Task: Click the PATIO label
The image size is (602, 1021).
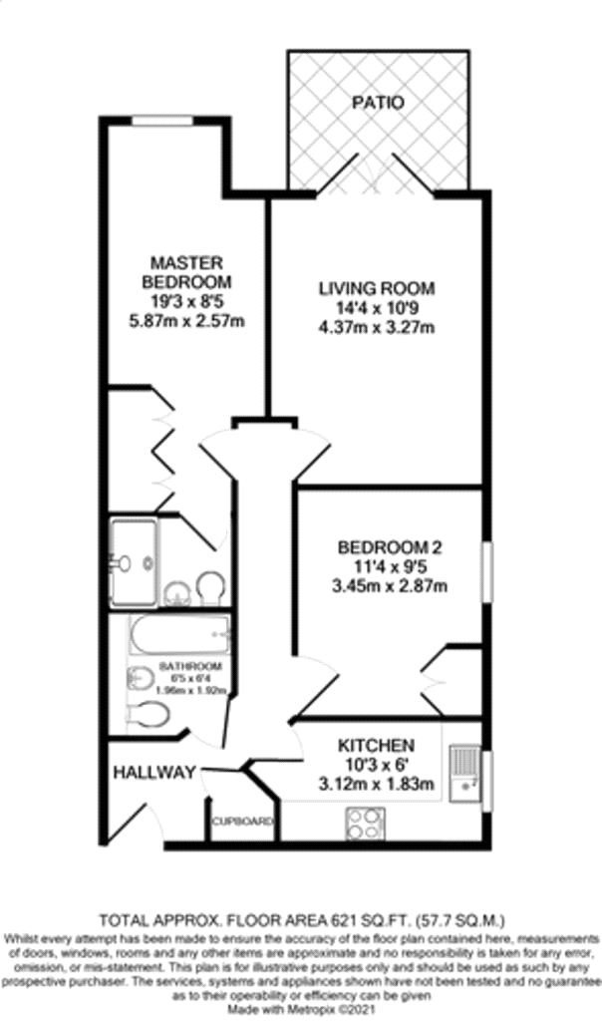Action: click(x=378, y=103)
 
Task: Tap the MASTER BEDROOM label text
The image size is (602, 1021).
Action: click(x=186, y=272)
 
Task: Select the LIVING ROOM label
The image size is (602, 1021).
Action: click(x=377, y=289)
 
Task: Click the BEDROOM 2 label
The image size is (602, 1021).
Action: click(x=390, y=547)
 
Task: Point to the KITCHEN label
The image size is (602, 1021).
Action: click(x=376, y=746)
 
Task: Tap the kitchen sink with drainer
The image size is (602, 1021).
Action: click(x=464, y=774)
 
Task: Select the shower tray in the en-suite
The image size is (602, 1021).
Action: click(x=135, y=561)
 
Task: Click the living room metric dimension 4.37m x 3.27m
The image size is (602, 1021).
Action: click(x=377, y=327)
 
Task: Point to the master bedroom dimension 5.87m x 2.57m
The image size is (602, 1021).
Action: click(x=186, y=321)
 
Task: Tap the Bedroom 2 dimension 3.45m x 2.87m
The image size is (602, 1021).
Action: click(x=390, y=585)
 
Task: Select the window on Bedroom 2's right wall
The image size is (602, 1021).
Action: click(x=487, y=571)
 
